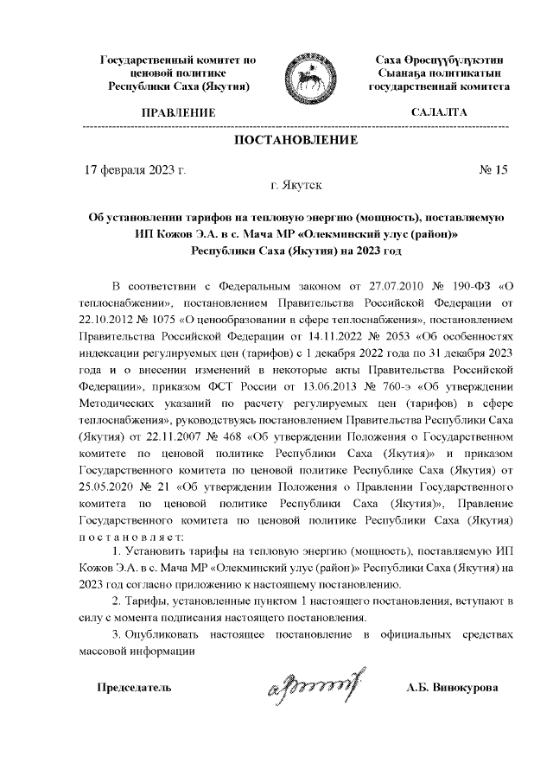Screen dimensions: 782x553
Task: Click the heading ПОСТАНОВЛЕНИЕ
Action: (x=295, y=140)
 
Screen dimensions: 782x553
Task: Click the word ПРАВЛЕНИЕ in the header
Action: (x=178, y=113)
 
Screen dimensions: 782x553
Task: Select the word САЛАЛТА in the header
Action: (x=439, y=113)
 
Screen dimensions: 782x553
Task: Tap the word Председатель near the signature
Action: (x=133, y=689)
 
